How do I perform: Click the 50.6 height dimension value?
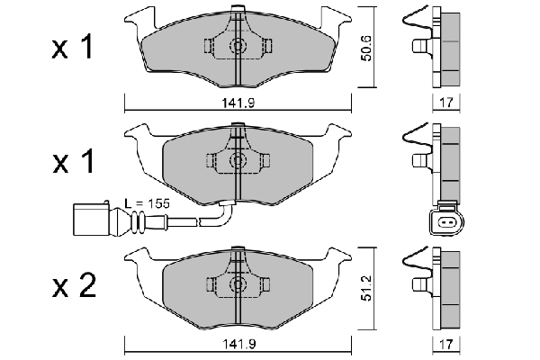[367, 48]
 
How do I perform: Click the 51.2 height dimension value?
[367, 288]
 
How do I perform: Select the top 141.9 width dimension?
[238, 103]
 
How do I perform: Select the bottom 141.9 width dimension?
[238, 344]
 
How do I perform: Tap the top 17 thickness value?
[446, 103]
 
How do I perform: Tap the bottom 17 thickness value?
[446, 344]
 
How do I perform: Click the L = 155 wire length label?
[147, 203]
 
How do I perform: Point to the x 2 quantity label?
[74, 286]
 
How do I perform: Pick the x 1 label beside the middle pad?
[74, 162]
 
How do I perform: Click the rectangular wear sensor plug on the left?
[92, 219]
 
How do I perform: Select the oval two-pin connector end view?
[446, 222]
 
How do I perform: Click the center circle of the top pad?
[238, 46]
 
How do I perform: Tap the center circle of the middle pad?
[238, 160]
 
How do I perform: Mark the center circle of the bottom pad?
[238, 284]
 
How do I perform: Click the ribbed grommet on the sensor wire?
[137, 220]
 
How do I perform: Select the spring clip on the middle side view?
[416, 138]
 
